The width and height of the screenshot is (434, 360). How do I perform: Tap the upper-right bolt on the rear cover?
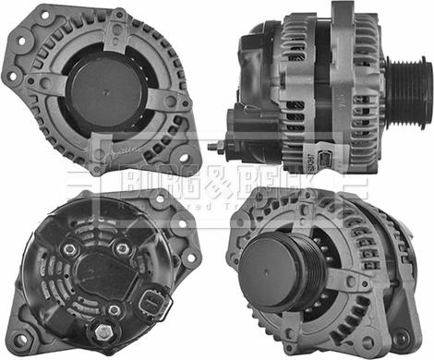[123, 248]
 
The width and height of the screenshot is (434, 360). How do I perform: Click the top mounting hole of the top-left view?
[119, 17]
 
